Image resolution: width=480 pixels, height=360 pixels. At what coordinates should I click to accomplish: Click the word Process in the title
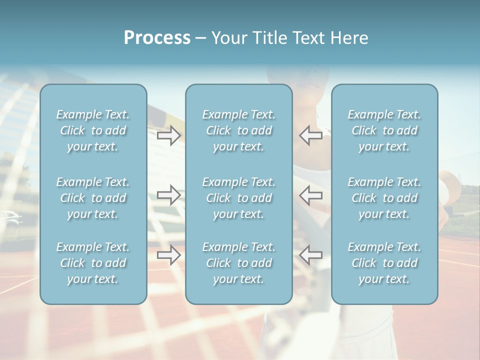pyautogui.click(x=157, y=38)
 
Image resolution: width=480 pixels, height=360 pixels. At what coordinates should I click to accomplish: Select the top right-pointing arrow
pyautogui.click(x=169, y=135)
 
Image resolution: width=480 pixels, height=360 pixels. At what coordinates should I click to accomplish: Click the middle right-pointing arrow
pyautogui.click(x=169, y=195)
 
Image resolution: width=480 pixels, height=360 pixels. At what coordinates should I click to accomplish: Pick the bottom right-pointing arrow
pyautogui.click(x=169, y=255)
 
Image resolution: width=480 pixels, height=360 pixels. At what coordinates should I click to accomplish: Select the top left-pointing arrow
pyautogui.click(x=310, y=135)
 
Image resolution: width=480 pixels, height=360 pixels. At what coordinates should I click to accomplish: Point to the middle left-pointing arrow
pyautogui.click(x=310, y=195)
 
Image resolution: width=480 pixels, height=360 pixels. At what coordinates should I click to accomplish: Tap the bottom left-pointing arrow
pyautogui.click(x=310, y=255)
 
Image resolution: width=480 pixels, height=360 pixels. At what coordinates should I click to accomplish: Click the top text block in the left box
pyautogui.click(x=93, y=130)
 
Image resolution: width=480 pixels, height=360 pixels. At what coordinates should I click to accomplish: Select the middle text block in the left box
pyautogui.click(x=93, y=198)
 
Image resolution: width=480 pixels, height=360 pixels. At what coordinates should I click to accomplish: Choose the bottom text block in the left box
pyautogui.click(x=93, y=263)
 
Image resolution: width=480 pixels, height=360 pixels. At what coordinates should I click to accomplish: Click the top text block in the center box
pyautogui.click(x=238, y=130)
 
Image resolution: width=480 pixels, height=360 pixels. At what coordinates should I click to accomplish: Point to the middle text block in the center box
pyautogui.click(x=238, y=198)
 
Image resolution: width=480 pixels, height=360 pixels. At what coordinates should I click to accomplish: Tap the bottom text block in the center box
pyautogui.click(x=238, y=263)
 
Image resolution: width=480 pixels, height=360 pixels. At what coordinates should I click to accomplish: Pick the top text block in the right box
pyautogui.click(x=384, y=130)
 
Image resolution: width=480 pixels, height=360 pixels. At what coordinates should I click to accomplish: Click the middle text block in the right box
pyautogui.click(x=384, y=198)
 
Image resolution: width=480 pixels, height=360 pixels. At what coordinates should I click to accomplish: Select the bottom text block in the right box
pyautogui.click(x=384, y=263)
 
